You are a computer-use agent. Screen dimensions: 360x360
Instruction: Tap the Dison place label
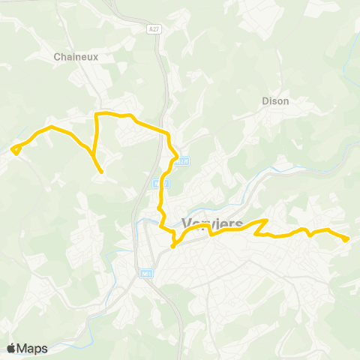[x=275, y=100]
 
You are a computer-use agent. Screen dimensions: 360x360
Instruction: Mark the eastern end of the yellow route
[x=346, y=239]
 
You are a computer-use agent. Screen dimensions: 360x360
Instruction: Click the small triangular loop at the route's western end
[x=16, y=148]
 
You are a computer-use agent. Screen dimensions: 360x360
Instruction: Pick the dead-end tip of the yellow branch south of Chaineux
[x=101, y=172]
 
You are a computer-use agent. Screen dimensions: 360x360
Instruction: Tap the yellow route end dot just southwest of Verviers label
[x=172, y=245]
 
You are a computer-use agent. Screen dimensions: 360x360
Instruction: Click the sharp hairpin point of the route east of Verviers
[x=267, y=220]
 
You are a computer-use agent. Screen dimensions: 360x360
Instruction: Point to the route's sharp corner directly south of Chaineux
[x=96, y=115]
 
